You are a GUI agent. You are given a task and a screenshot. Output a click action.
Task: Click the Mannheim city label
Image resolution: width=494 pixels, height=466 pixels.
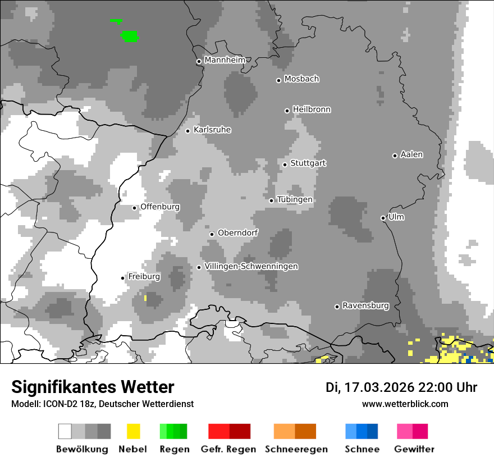point(225,60)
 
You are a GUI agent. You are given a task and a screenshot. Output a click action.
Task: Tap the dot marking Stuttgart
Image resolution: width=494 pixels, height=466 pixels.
point(285,165)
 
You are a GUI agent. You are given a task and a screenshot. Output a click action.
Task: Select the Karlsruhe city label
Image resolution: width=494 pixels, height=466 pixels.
point(212,130)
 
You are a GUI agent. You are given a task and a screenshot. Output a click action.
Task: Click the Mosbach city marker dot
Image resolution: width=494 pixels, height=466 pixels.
point(278,80)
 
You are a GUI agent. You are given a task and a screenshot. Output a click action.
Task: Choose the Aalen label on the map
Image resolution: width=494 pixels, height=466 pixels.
point(411,154)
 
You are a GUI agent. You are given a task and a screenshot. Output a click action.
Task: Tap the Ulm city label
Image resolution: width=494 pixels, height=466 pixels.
point(396,217)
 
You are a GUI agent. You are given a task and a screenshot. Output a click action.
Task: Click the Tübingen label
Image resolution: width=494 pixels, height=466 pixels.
point(295,199)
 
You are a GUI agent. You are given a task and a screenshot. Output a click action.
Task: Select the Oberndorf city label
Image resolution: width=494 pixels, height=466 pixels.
point(238,233)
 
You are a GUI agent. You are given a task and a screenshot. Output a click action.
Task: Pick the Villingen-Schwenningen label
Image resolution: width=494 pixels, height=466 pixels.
point(251,266)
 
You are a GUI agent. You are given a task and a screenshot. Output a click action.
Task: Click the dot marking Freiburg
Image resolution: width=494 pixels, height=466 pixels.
point(123,278)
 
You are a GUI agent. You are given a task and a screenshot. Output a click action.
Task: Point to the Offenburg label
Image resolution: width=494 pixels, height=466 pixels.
point(160,207)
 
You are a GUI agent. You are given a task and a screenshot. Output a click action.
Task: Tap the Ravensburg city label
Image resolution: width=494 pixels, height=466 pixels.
point(365,305)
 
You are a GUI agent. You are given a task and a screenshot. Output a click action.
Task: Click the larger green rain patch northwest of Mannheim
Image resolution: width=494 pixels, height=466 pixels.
point(130,36)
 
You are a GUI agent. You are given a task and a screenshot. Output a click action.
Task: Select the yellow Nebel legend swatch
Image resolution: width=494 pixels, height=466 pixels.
point(133,431)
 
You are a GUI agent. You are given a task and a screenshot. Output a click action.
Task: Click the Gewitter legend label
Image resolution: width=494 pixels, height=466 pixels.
point(414,449)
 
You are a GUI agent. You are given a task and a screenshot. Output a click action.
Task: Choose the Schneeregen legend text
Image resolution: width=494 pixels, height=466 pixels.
point(296,449)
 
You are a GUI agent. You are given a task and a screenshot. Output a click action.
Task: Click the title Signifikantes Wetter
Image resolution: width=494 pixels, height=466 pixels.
point(93,387)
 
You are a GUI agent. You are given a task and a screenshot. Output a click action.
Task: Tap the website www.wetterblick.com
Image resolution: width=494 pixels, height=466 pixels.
point(405,404)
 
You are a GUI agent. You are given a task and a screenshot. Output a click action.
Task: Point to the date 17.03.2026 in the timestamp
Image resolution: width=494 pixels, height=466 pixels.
point(378,387)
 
